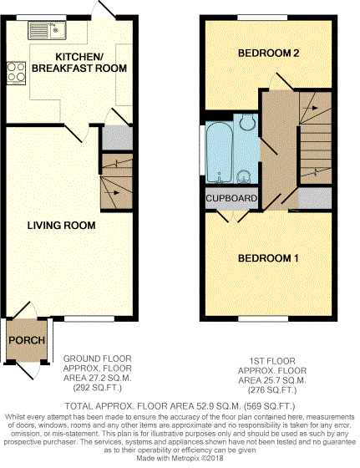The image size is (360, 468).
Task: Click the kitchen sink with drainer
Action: [x=47, y=30]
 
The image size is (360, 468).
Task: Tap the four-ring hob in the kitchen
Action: [x=16, y=73]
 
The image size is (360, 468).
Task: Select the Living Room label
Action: [x=62, y=226]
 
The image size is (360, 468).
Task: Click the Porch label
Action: [x=27, y=340]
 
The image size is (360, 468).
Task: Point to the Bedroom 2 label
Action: [x=269, y=53]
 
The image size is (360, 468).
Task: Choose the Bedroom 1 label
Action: [x=268, y=258]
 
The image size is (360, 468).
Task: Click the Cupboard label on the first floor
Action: [x=231, y=198]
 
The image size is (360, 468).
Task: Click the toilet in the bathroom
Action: [x=247, y=122]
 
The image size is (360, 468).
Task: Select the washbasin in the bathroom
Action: [x=245, y=177]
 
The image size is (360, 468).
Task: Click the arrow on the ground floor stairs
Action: [x=113, y=193]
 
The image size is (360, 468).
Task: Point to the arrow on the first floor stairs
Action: [x=310, y=108]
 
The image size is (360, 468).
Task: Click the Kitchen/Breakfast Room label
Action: [x=79, y=63]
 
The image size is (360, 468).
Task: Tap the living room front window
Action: [x=89, y=319]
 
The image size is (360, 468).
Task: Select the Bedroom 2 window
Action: [x=262, y=18]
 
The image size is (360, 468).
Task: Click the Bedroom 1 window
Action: [x=263, y=319]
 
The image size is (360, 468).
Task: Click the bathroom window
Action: [x=202, y=150]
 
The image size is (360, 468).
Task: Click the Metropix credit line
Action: [x=180, y=458]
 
